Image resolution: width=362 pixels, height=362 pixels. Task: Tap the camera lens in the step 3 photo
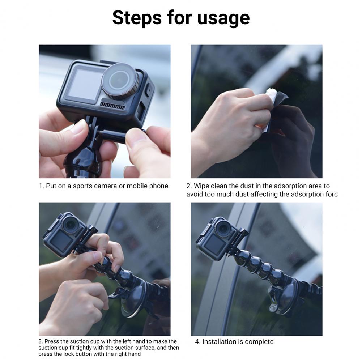pyautogui.click(x=71, y=223)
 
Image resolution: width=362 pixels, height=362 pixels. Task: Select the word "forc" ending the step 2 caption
pyautogui.click(x=332, y=194)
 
